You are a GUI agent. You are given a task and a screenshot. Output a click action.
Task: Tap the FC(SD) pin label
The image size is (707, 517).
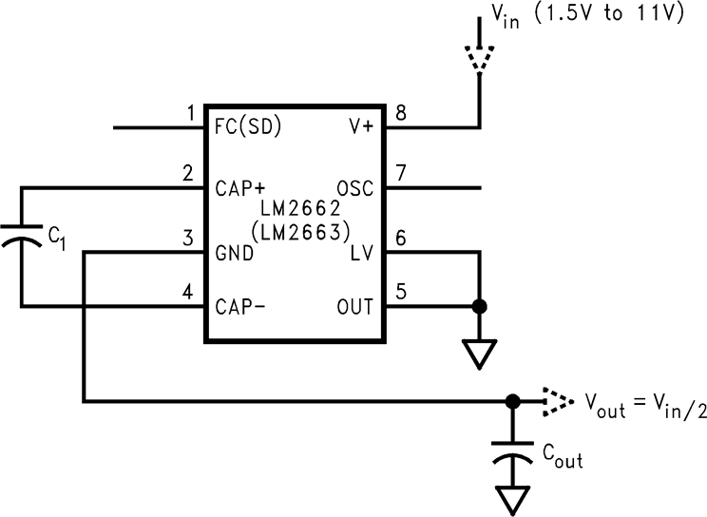click(248, 126)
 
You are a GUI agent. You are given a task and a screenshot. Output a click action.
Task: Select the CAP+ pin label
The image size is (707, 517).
click(239, 186)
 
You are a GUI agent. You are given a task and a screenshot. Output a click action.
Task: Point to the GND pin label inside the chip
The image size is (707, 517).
click(234, 253)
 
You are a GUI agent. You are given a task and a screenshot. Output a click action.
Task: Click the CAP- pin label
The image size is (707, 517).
click(239, 306)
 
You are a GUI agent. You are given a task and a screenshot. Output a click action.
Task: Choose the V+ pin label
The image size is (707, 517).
click(362, 126)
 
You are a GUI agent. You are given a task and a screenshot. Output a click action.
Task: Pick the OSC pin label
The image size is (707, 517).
click(355, 186)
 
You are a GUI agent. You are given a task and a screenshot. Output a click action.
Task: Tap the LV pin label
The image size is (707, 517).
click(363, 253)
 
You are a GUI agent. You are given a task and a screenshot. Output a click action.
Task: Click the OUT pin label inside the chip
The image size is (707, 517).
click(355, 306)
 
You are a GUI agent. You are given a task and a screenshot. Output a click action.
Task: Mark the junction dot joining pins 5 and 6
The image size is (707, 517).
click(481, 306)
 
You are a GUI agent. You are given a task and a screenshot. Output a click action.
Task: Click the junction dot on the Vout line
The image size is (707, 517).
click(512, 401)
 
